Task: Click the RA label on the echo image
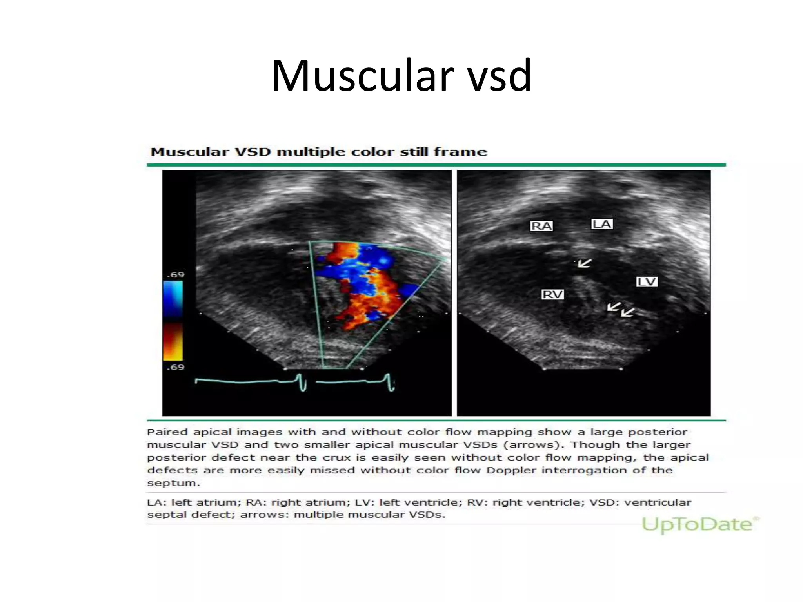pyautogui.click(x=541, y=226)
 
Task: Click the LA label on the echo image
pyautogui.click(x=602, y=224)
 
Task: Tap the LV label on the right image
pyautogui.click(x=647, y=281)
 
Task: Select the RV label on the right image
pyautogui.click(x=552, y=294)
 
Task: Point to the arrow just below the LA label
pyautogui.click(x=584, y=263)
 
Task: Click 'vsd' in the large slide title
pyautogui.click(x=499, y=75)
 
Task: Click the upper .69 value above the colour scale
pyautogui.click(x=175, y=274)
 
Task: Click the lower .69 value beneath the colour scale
pyautogui.click(x=175, y=367)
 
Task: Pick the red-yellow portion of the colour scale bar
pyautogui.click(x=173, y=341)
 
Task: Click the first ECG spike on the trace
pyautogui.click(x=302, y=382)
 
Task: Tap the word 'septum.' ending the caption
pyautogui.click(x=173, y=483)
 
